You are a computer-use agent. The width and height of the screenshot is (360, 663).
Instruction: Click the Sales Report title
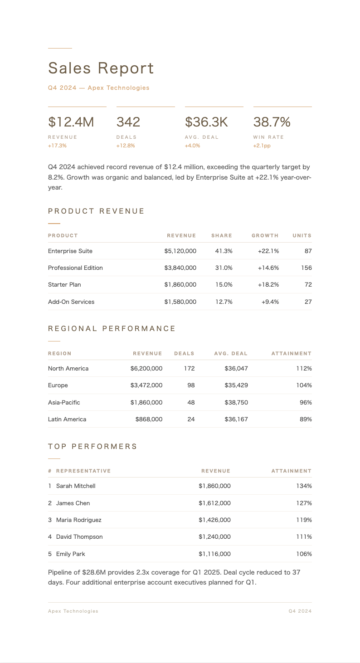coord(101,68)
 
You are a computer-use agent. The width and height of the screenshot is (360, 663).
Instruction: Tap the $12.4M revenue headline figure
coord(71,122)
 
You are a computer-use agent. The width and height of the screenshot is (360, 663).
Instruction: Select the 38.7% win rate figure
coord(272,122)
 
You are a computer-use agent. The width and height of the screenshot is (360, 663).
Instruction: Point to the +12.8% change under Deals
coord(126,146)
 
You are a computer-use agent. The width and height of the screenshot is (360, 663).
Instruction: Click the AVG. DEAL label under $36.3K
coord(202,137)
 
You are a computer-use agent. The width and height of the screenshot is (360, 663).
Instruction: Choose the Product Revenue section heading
coord(96,211)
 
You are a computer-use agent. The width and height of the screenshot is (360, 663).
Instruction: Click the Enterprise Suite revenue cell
coord(180,251)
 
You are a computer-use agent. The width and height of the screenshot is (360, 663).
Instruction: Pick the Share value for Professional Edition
coord(224,268)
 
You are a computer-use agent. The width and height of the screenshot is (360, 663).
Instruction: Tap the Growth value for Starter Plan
coord(268,284)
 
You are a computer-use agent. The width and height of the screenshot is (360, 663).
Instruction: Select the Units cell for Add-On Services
coord(308,302)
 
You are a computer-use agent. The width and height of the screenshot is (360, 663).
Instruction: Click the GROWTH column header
coord(265,235)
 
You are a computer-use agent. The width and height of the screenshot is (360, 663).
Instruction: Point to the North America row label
coord(68,368)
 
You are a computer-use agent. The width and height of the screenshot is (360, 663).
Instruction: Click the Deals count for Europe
coord(191,385)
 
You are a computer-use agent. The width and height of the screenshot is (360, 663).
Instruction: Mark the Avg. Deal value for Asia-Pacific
coord(236,402)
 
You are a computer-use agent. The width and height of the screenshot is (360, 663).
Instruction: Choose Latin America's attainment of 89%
coord(306,419)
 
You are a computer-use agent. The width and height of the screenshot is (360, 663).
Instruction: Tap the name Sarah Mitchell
coord(76,486)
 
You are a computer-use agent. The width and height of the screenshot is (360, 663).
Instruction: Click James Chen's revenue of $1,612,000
coord(214,503)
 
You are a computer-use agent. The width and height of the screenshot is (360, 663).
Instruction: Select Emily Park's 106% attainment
coord(304,554)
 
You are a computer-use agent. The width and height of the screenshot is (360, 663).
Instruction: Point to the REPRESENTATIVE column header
coord(83,471)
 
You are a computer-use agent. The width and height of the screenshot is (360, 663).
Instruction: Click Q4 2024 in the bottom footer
coord(300,611)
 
